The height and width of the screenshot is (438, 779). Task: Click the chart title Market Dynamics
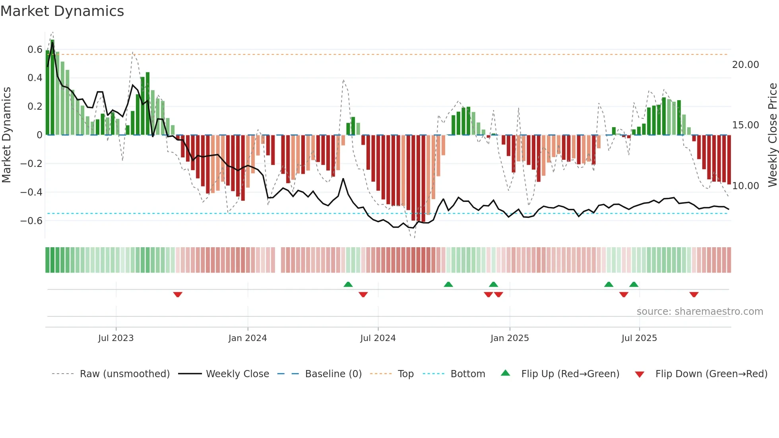[x=62, y=11]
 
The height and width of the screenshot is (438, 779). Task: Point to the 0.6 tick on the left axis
[x=35, y=50]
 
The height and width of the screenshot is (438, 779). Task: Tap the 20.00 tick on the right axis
[x=745, y=65]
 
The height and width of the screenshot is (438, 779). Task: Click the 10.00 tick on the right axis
[x=745, y=186]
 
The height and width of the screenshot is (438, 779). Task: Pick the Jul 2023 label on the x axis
[x=116, y=338]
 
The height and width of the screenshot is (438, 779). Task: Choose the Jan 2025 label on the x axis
[x=510, y=338]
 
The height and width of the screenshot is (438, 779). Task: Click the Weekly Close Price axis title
[x=772, y=135]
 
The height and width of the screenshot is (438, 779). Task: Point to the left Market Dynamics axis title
[x=7, y=135]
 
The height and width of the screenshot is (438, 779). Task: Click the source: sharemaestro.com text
[x=700, y=312]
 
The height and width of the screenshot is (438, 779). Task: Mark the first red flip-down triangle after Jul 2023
[x=178, y=295]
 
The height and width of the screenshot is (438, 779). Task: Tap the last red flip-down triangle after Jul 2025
[x=694, y=295]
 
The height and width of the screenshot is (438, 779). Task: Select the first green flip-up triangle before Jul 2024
[x=348, y=284]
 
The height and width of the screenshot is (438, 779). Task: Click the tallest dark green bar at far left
[x=52, y=87]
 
